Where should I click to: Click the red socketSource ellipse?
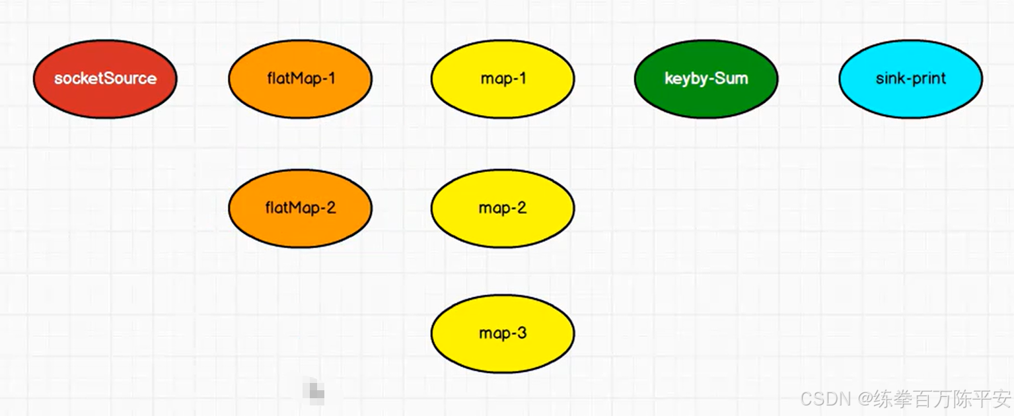tap(105, 79)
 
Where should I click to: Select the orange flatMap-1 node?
tap(300, 79)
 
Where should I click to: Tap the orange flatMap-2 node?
tap(300, 208)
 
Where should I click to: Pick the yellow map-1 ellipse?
tap(502, 79)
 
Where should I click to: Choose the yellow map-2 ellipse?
tap(502, 208)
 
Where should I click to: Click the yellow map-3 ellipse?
tap(502, 333)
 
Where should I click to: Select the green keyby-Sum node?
tap(706, 79)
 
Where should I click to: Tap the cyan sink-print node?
tap(910, 79)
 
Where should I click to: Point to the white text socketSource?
tap(105, 79)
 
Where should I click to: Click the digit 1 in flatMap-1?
tap(331, 79)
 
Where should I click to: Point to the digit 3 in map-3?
tap(522, 333)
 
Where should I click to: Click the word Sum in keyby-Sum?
tap(733, 79)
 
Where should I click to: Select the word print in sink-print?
tap(930, 79)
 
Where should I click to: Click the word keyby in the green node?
tap(685, 79)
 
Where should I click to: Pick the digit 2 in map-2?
tap(521, 208)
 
